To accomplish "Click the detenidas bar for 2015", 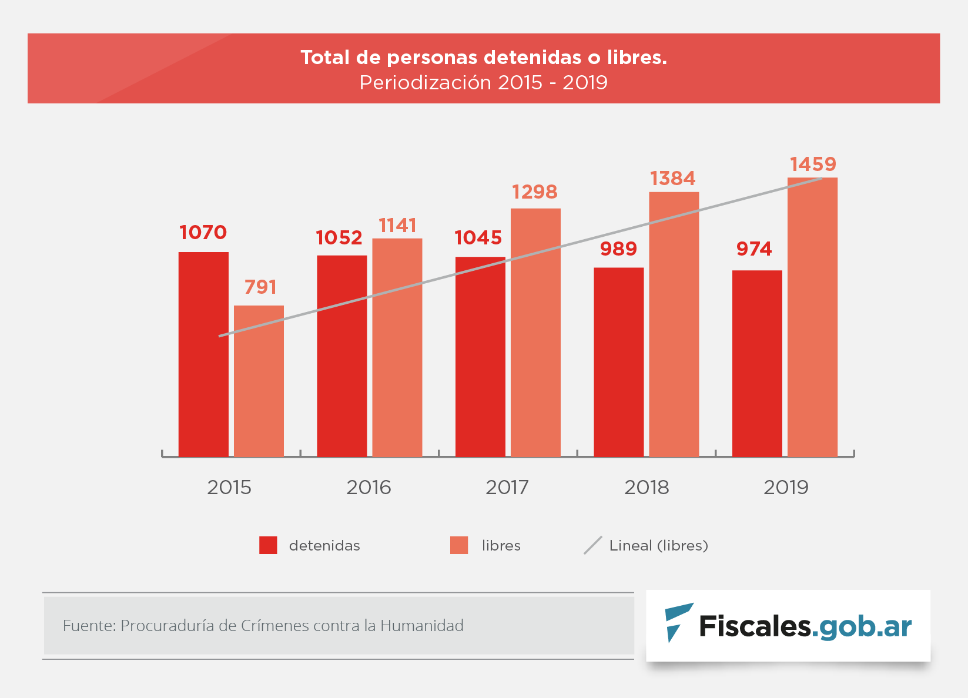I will (x=203, y=354).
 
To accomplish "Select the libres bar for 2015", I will (x=259, y=381).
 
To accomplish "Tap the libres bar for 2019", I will (x=812, y=317).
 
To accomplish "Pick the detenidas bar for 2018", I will (x=618, y=362).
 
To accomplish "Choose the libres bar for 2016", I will (x=397, y=347).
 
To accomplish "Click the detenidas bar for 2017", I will (x=480, y=357).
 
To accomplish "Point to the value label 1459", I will (x=812, y=164).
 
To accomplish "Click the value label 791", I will (x=260, y=287).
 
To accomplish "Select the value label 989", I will (x=618, y=249).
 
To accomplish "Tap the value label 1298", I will (x=534, y=192).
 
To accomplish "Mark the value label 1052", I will (x=339, y=237).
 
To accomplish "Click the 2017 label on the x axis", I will (x=507, y=487).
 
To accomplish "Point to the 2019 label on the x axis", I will (x=786, y=487).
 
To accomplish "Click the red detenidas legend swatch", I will (x=268, y=545).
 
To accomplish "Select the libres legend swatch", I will (x=459, y=545).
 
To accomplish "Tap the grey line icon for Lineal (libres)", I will (x=592, y=545).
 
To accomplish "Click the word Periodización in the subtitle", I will (x=426, y=82).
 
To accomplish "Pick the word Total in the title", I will (x=325, y=58).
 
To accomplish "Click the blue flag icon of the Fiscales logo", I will (x=677, y=622).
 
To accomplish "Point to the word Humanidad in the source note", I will (x=421, y=625).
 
